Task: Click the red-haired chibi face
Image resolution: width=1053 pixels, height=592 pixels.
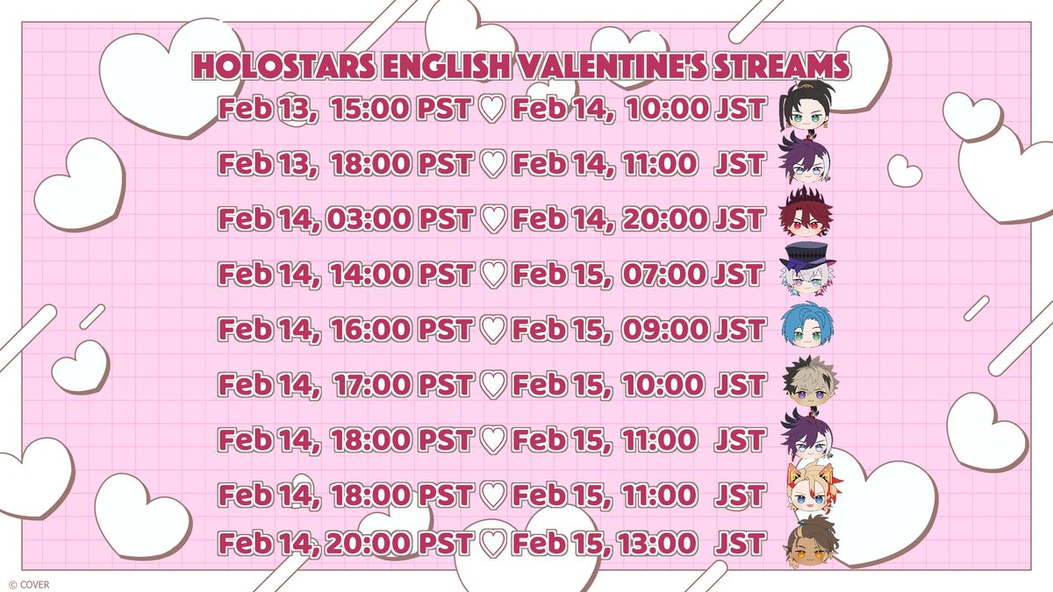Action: [805, 215]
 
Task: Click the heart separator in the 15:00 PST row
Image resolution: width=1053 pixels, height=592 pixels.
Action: [494, 111]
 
